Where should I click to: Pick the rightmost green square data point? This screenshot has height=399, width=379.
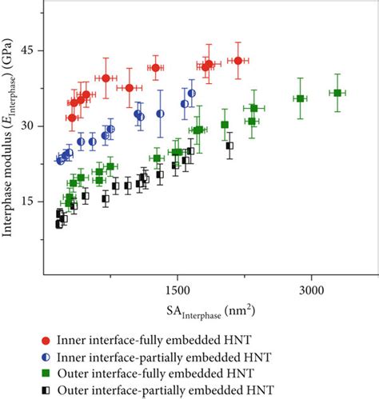coord(337,94)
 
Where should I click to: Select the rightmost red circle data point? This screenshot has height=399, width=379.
coord(237,61)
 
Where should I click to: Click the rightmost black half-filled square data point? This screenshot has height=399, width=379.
coord(229,146)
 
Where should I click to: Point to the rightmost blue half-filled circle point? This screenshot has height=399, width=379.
coord(192,94)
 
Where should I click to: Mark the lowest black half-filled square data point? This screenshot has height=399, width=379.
coord(59,225)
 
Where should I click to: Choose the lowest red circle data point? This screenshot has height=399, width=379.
coord(72,118)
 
